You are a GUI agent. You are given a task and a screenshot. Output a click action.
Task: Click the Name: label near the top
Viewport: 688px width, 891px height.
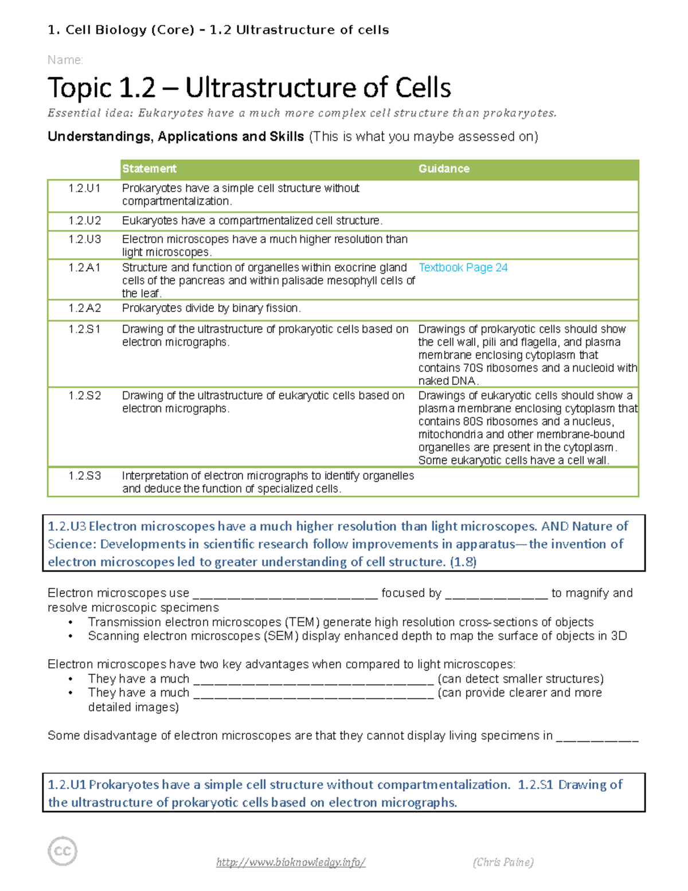[65, 60]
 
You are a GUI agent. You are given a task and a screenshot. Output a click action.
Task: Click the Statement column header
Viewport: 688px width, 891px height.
[149, 169]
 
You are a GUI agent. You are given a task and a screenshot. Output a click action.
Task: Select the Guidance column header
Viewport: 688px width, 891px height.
[444, 169]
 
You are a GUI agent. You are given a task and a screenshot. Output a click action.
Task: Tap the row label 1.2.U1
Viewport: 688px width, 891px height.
[84, 188]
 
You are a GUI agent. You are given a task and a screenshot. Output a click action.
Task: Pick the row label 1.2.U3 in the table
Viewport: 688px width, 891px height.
[84, 239]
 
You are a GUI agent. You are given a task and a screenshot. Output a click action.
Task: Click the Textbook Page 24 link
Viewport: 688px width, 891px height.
[463, 267]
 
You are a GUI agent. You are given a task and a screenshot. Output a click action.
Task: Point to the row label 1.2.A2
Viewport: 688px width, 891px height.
[84, 308]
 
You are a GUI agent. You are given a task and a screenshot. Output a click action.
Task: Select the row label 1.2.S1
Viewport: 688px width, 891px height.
[84, 329]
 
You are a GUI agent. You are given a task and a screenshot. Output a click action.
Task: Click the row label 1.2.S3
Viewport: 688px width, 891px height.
[84, 476]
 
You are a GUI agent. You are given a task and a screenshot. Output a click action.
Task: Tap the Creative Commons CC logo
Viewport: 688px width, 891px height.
[62, 851]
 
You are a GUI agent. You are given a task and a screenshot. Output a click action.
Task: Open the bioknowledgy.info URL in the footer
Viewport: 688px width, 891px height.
[291, 862]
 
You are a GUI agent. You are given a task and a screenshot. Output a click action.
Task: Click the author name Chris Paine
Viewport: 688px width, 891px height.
[503, 862]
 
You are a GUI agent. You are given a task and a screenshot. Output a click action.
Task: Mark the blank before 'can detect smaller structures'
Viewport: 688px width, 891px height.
[313, 680]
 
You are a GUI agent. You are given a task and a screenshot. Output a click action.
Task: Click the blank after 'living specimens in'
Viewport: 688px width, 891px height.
[597, 737]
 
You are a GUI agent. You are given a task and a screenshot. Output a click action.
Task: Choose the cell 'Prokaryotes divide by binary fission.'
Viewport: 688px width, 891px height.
[211, 308]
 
